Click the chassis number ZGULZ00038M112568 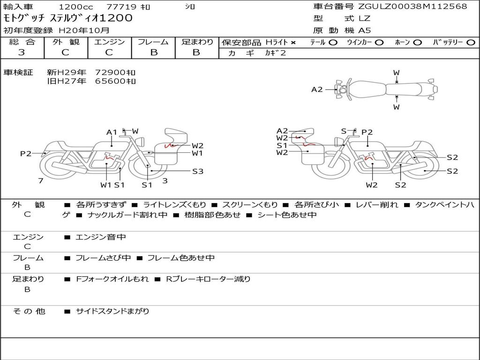pyautogui.click(x=412, y=7)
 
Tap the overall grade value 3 pyautogui.click(x=22, y=52)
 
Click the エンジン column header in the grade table pyautogui.click(x=109, y=42)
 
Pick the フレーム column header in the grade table pyautogui.click(x=153, y=42)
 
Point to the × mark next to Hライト pyautogui.click(x=293, y=43)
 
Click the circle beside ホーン pyautogui.click(x=417, y=43)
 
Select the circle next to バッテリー pyautogui.click(x=471, y=43)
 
